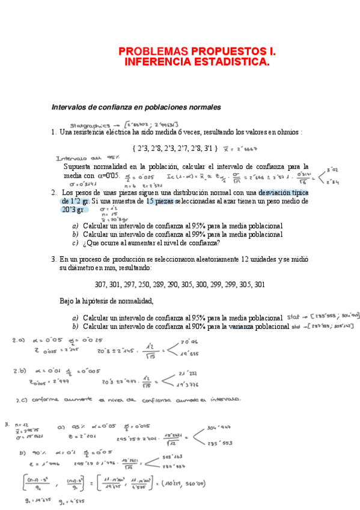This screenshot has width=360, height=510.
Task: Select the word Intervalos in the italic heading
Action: (x=72, y=107)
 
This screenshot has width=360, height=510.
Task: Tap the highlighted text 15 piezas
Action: (x=160, y=201)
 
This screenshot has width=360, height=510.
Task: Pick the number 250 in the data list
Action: (x=147, y=284)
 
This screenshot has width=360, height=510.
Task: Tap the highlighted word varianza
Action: (x=240, y=327)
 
